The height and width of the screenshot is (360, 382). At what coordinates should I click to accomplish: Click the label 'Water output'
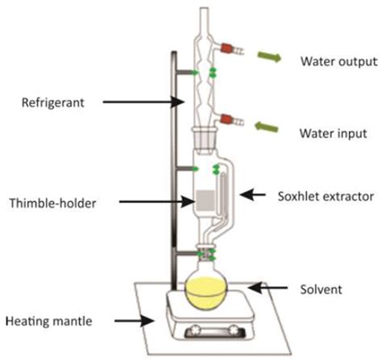pos(339,61)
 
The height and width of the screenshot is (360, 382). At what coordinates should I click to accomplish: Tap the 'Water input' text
pos(334,134)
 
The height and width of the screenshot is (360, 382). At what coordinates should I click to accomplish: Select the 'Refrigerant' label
pos(53,102)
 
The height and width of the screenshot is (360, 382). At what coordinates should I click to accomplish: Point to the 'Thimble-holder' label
pos(53,203)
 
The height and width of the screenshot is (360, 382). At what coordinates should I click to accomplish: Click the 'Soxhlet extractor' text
pos(326,197)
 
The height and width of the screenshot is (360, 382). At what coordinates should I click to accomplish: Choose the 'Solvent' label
pos(321,290)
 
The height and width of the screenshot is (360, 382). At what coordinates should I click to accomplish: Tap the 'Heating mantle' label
pos(49,321)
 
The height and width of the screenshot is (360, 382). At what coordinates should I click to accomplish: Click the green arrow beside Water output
pos(269,56)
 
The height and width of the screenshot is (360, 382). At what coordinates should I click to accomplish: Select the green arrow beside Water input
pos(266,126)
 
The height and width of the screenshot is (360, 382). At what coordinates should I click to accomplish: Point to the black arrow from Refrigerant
pos(143,101)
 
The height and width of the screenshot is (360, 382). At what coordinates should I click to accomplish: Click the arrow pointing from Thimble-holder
pos(156,201)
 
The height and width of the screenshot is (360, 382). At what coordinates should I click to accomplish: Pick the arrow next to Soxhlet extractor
pos(252,195)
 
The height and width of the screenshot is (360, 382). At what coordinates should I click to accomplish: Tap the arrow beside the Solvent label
pos(268,288)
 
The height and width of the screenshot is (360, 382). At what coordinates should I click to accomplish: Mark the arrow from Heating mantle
pos(135,321)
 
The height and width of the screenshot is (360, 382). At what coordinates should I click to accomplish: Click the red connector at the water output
pos(226,48)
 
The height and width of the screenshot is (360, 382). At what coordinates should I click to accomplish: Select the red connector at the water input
pos(226,119)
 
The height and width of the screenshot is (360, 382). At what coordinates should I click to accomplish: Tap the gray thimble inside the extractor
pos(206,201)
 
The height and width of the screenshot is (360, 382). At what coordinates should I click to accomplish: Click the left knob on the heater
pos(194,329)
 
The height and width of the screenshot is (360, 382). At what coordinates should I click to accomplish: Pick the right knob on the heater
pos(235,329)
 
